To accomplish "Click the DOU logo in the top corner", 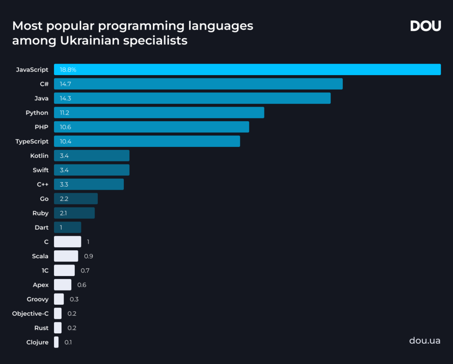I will point(425,26).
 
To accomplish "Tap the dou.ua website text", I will point(425,341).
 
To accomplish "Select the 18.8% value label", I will point(68,70).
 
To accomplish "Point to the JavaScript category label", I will point(32,70).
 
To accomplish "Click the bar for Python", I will point(159,113).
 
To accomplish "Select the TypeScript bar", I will point(147,141).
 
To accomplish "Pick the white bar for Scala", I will point(66,256).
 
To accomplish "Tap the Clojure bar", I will point(56,342).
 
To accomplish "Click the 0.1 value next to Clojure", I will point(68,342).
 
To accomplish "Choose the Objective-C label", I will point(31,314).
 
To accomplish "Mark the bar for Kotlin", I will point(92,156).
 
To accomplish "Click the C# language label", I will point(44,84).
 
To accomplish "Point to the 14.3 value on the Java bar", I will point(65,98).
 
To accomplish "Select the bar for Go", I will point(76,199).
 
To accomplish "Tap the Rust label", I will point(41,328).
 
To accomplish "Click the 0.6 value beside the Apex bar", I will point(81,285).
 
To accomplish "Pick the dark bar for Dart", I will point(67,227).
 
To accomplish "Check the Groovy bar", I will point(59,299).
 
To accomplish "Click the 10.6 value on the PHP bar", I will point(65,127).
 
